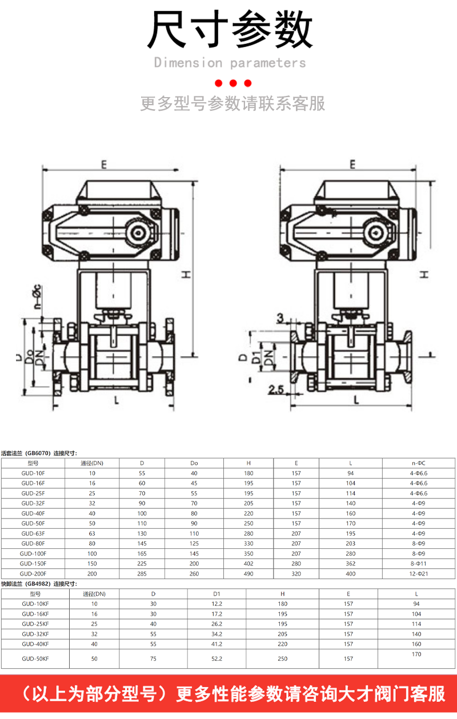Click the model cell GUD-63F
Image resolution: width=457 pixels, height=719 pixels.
tap(33, 533)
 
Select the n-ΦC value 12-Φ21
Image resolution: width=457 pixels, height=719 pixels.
tap(419, 573)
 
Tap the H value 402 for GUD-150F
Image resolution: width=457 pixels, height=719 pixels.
tap(248, 564)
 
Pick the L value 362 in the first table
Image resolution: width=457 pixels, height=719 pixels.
tap(351, 564)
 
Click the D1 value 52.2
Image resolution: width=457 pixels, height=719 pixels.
tap(217, 658)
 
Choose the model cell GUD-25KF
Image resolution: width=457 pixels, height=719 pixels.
tap(35, 624)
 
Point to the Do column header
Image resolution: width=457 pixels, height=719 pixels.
tap(194, 463)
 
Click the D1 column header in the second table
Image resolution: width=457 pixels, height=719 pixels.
tap(217, 594)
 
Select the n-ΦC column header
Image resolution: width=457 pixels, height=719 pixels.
tap(419, 463)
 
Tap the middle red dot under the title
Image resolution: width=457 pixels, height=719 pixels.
tap(233, 83)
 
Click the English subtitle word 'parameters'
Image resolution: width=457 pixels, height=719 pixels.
tap(268, 63)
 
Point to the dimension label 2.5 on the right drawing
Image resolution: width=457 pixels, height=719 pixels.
tap(276, 389)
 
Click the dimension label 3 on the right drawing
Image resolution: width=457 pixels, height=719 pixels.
tap(280, 318)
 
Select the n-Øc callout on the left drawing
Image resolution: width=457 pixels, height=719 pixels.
tap(38, 296)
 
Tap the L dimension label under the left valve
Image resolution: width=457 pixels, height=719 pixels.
tap(117, 400)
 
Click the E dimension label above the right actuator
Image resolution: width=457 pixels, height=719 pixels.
tap(352, 164)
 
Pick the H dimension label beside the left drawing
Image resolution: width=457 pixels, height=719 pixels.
tap(186, 275)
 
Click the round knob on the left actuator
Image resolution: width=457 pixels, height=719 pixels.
tap(139, 233)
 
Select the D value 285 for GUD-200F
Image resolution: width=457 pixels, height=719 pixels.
tap(142, 573)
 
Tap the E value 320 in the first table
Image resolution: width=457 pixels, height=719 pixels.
tap(296, 573)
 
